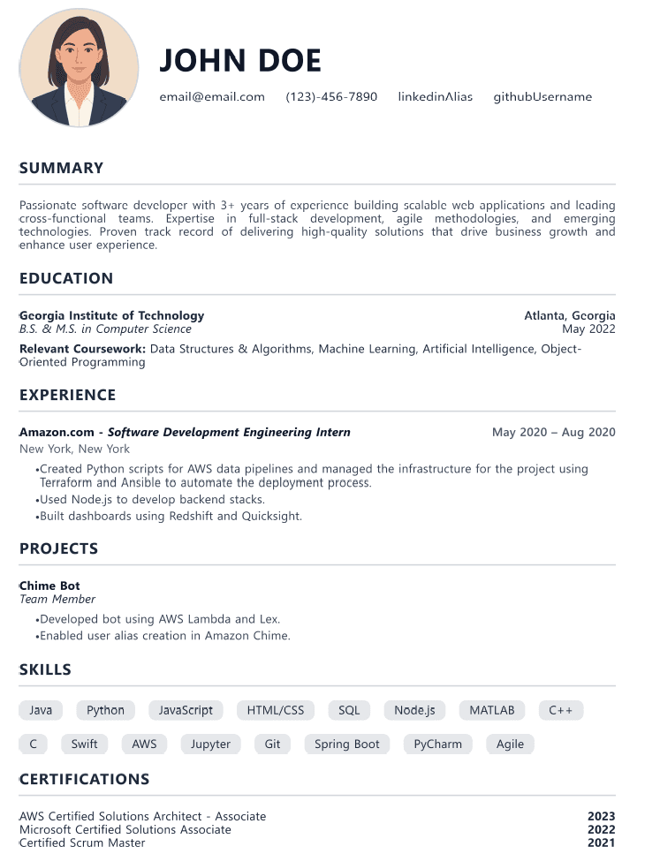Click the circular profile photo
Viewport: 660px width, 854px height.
tap(80, 68)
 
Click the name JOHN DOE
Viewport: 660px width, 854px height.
tap(240, 60)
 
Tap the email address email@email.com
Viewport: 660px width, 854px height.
tap(212, 97)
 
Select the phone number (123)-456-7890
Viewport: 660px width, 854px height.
tap(331, 97)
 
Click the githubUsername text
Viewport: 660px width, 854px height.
tap(542, 97)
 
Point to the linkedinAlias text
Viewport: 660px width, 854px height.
tap(435, 97)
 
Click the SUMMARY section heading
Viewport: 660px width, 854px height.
tap(61, 168)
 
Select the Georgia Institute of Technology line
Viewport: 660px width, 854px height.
tap(112, 315)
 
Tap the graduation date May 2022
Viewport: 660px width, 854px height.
tap(588, 329)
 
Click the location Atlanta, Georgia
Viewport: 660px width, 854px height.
tap(570, 315)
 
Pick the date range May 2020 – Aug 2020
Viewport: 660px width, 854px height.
tap(554, 433)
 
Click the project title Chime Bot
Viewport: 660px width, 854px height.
tap(49, 586)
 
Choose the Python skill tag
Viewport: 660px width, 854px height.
tap(106, 710)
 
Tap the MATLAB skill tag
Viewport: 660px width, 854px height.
tap(492, 710)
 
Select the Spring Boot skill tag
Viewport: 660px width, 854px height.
tap(347, 744)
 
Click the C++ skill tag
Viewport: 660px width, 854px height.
tap(561, 710)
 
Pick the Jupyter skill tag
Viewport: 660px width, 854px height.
tap(210, 744)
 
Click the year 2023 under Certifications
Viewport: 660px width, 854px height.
tap(601, 817)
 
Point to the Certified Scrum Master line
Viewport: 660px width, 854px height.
tap(82, 843)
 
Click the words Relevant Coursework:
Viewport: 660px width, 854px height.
tap(82, 349)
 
